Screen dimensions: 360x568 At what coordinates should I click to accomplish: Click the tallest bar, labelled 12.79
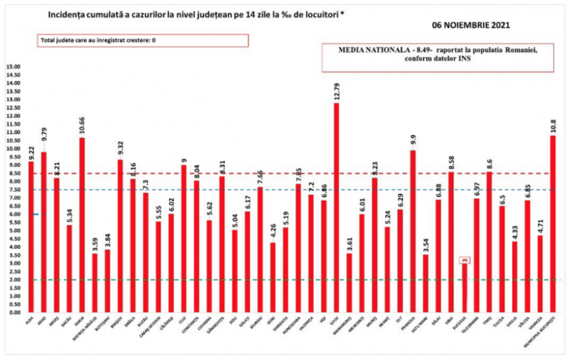(336, 206)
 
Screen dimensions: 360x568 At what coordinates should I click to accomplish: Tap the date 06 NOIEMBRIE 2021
(472, 26)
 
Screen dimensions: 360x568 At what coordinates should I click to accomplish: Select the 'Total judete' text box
(143, 40)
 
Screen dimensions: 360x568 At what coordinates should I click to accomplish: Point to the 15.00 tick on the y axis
(14, 67)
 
